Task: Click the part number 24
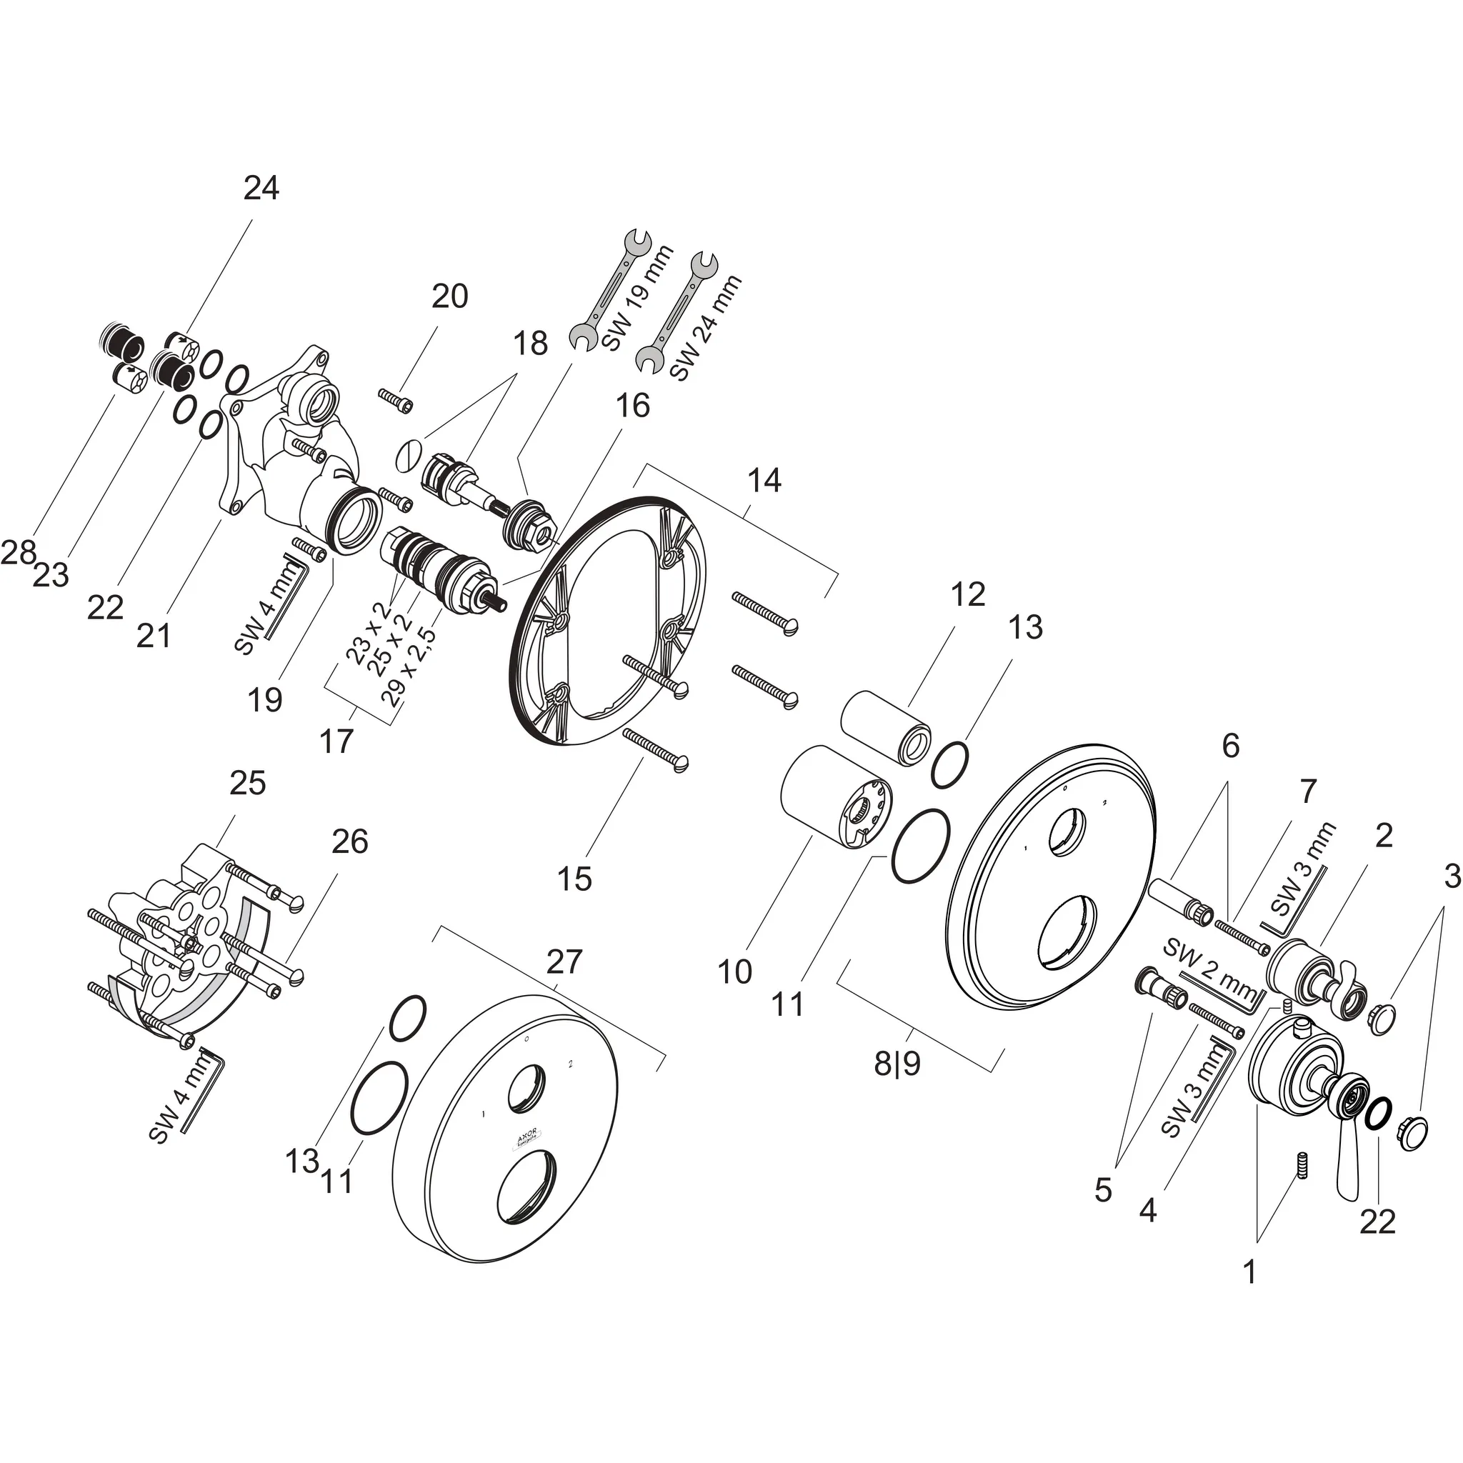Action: [261, 188]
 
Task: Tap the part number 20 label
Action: [450, 296]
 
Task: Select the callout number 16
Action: [632, 406]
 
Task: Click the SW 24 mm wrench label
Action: [706, 329]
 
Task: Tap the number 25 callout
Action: [248, 783]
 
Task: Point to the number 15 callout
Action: [574, 879]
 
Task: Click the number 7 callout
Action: [1309, 792]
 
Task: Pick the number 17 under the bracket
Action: [336, 742]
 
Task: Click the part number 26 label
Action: [350, 842]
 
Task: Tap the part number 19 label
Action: [264, 699]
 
